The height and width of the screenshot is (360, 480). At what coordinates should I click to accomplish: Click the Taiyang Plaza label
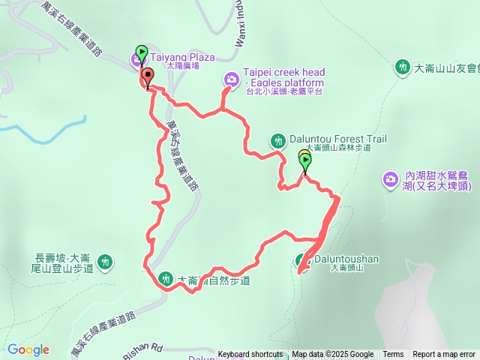[183, 56]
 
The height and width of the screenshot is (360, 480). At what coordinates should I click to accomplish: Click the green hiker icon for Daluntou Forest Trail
[278, 140]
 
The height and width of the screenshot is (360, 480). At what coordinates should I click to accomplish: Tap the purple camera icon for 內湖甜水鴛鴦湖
[390, 178]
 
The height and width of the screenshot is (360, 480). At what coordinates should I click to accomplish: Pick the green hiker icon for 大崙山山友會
[403, 67]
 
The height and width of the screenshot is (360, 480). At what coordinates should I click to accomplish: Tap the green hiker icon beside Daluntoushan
[301, 261]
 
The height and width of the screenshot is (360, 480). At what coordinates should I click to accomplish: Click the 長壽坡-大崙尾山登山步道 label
[64, 261]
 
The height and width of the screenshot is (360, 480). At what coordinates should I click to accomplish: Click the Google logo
[28, 349]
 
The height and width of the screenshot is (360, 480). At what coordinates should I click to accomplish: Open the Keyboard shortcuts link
[250, 355]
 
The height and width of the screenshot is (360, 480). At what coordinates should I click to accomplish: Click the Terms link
[393, 355]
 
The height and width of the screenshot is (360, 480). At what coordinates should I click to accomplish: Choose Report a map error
[444, 355]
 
